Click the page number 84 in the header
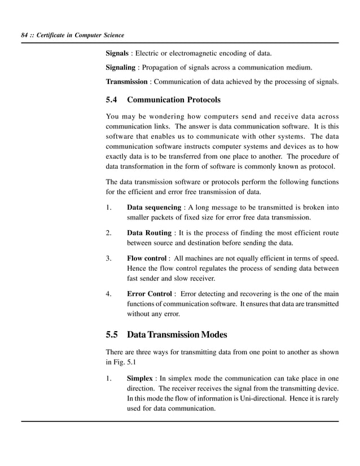click(x=24, y=36)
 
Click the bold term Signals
click(x=118, y=54)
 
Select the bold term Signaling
click(x=120, y=68)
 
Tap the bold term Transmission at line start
click(x=127, y=82)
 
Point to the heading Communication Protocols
click(x=174, y=100)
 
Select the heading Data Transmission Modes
click(x=177, y=335)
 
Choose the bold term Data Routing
click(x=149, y=233)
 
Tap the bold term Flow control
click(x=147, y=258)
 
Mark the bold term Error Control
click(x=150, y=294)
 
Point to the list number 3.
click(x=108, y=258)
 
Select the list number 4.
click(x=108, y=294)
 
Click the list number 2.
click(x=108, y=233)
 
